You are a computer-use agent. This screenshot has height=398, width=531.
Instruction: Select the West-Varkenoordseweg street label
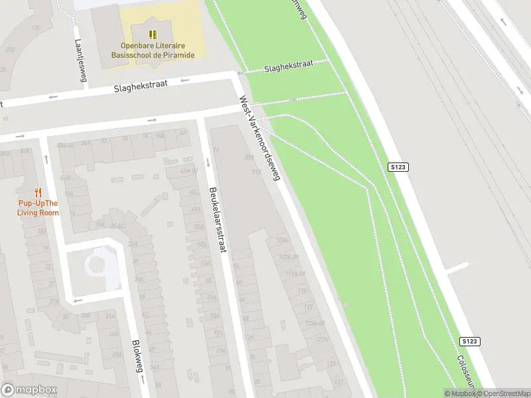[x=261, y=139]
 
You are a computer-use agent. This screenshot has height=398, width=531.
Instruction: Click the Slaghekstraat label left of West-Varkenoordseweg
[x=141, y=86]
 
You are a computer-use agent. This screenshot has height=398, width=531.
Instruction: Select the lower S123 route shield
[x=469, y=341]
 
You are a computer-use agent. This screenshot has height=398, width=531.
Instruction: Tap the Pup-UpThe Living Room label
[x=38, y=208]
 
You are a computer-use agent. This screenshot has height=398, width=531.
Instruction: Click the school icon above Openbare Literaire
[x=153, y=34]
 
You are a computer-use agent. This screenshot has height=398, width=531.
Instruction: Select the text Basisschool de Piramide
[x=153, y=55]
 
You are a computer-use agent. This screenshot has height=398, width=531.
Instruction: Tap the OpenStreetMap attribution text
[x=505, y=393]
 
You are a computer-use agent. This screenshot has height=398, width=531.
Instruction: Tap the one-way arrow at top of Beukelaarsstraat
[x=208, y=163]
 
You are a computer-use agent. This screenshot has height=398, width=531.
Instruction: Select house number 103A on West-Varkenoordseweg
[x=281, y=240]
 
